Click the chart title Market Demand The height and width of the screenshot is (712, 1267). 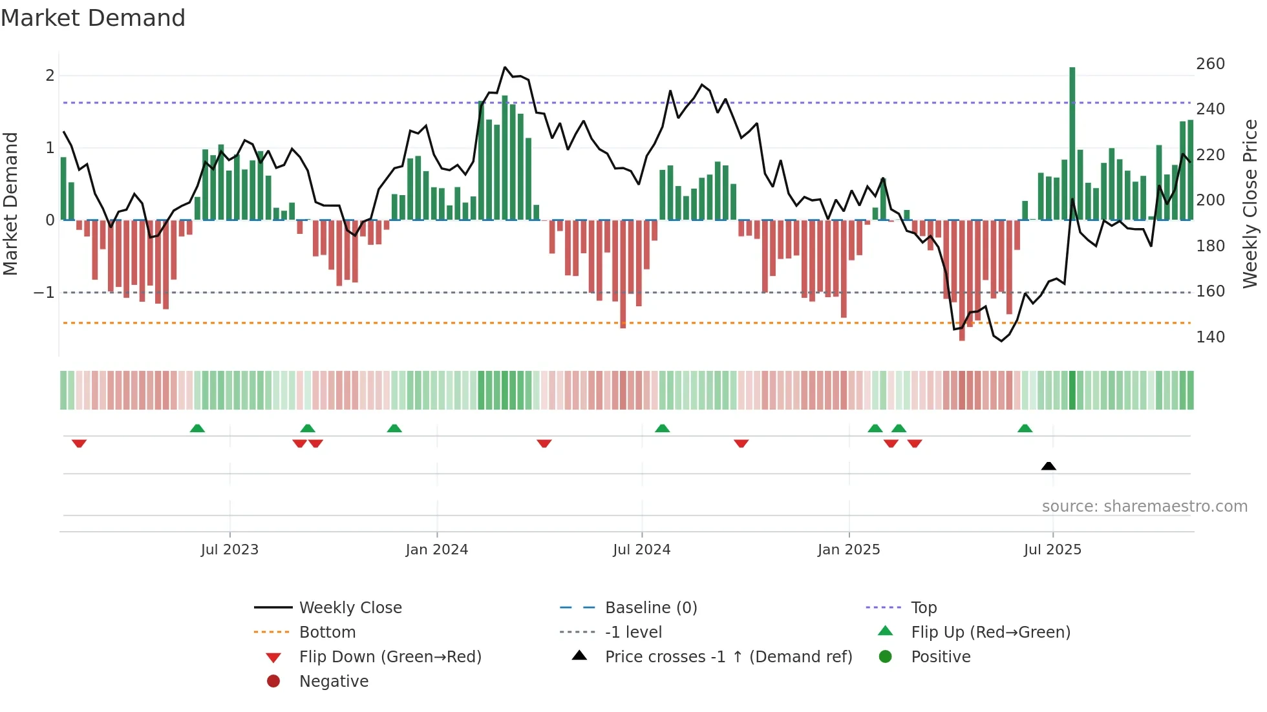pos(93,18)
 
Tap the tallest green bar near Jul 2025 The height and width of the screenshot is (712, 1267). pos(1072,142)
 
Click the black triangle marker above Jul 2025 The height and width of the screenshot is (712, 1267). pos(1049,466)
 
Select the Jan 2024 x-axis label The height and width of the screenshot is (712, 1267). pos(436,550)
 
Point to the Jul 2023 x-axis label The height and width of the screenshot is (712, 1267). pos(229,550)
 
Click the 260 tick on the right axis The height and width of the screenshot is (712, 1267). pos(1210,64)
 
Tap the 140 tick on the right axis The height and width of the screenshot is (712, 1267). pos(1210,337)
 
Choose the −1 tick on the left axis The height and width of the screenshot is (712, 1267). pos(45,293)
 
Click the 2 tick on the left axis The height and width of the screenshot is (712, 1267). pos(50,76)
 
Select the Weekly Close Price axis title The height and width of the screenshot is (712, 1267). pos(1250,204)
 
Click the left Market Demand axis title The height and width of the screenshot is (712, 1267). pos(11,204)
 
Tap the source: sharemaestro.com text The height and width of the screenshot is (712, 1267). pos(1144,507)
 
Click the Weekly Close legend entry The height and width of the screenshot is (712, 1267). pos(350,608)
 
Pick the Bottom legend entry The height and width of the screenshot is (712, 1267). pos(327,633)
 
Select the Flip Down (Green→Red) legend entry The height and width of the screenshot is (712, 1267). pos(390,657)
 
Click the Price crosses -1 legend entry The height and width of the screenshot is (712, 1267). pos(728,657)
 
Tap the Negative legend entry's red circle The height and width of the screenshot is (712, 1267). pos(273,682)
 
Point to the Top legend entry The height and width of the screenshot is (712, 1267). pos(923,608)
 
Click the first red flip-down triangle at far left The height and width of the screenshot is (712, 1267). pos(79,443)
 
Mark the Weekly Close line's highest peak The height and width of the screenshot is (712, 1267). pos(505,67)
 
